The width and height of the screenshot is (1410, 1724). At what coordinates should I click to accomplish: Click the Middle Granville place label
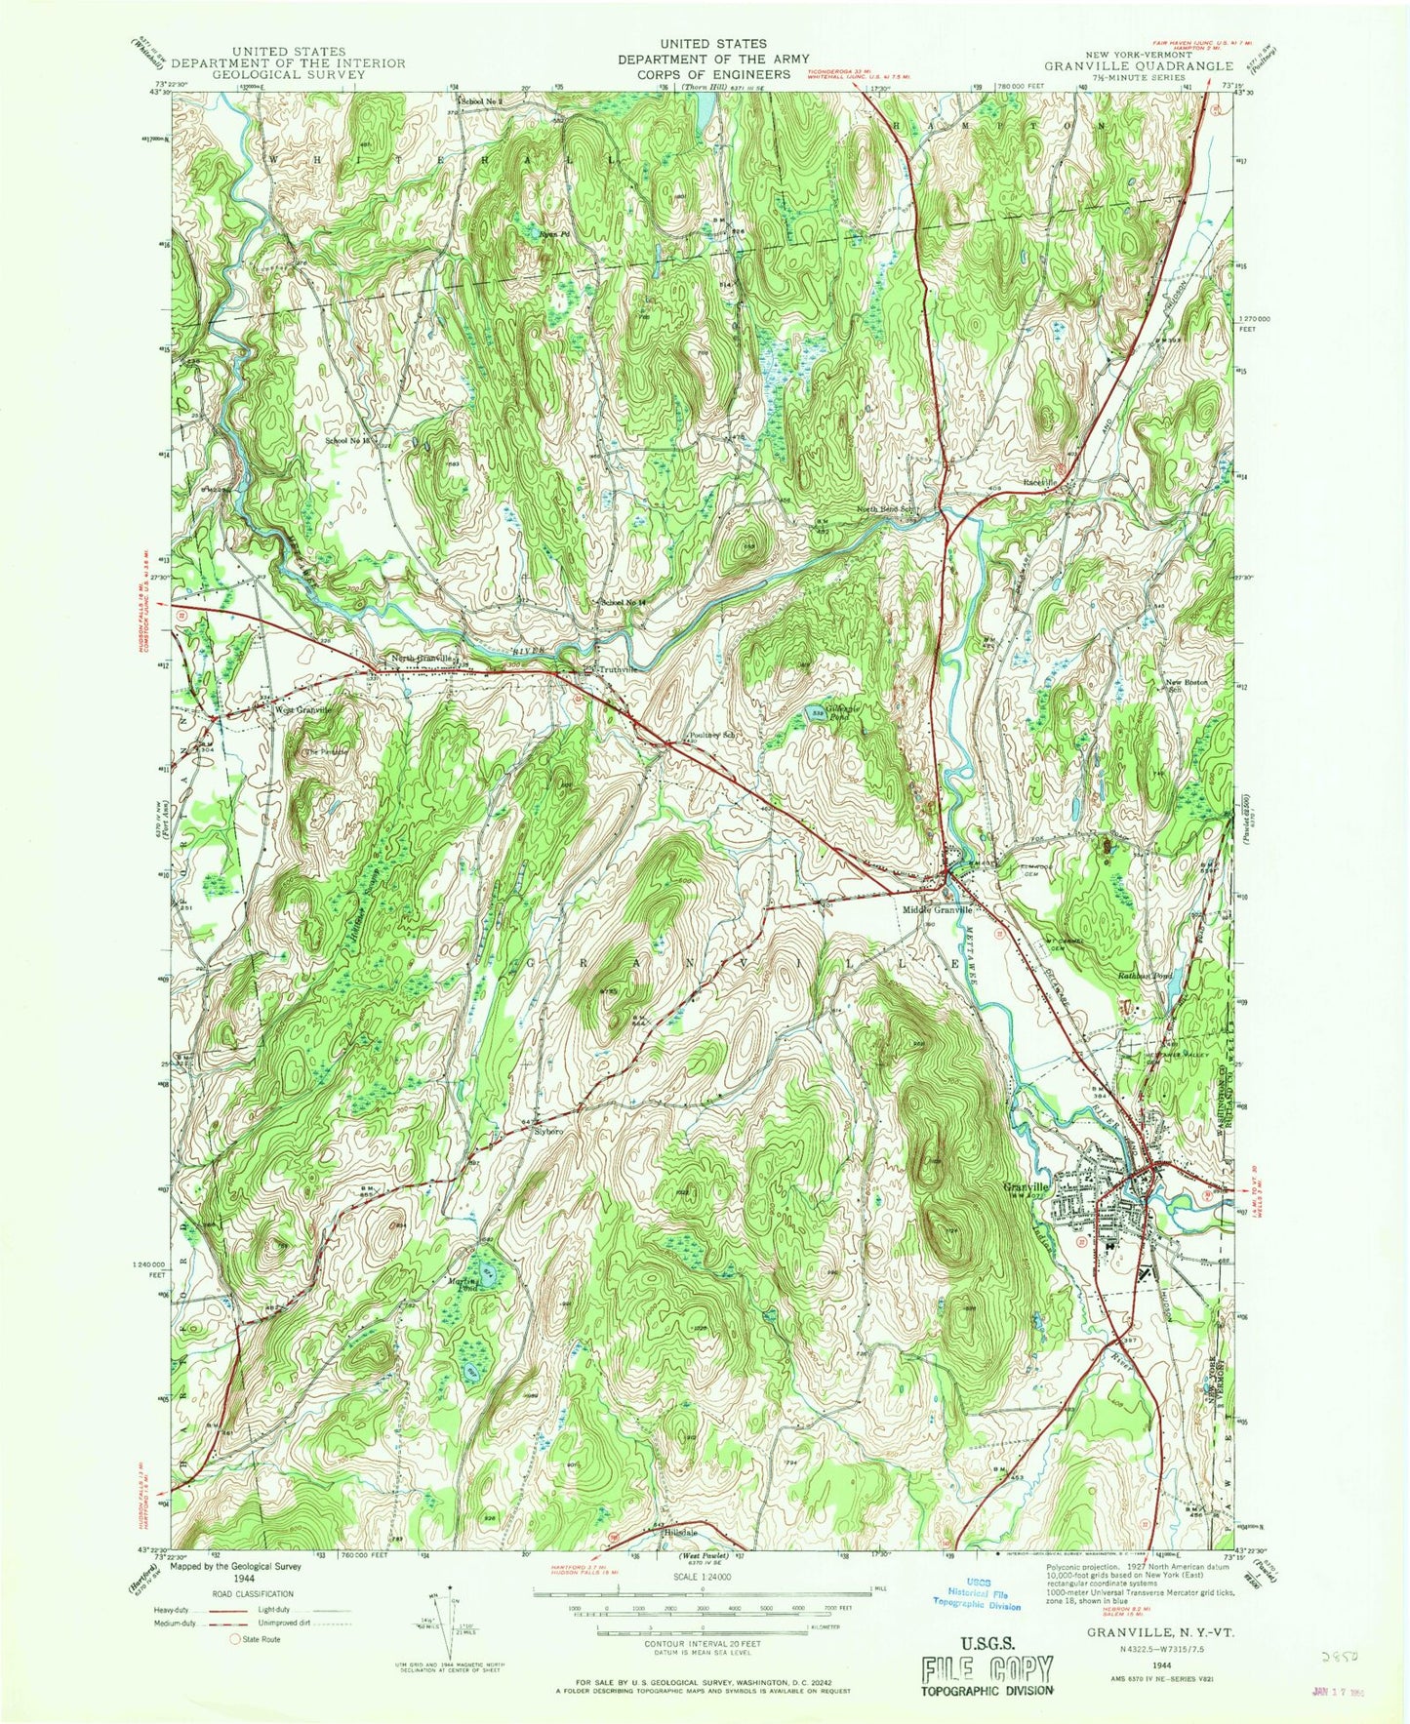pyautogui.click(x=937, y=909)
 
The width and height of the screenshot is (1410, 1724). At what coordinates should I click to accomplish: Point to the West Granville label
pyautogui.click(x=303, y=710)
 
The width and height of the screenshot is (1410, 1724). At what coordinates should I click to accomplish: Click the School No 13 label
pyautogui.click(x=347, y=441)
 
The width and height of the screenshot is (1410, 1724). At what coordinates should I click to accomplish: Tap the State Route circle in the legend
pyautogui.click(x=234, y=1639)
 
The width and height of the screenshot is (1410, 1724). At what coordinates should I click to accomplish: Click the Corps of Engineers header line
pyautogui.click(x=705, y=74)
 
